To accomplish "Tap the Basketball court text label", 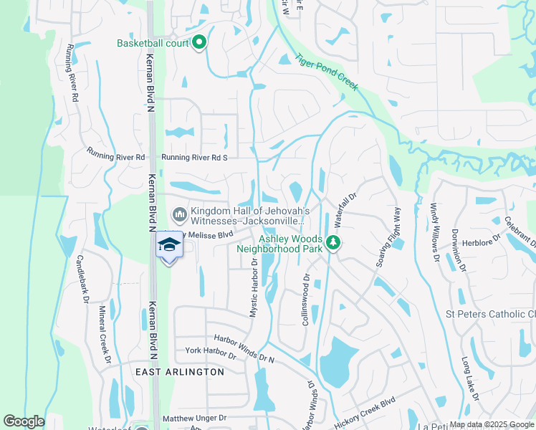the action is tap(153, 43).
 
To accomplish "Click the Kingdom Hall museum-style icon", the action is tap(178, 215).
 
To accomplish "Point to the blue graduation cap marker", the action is tap(168, 246).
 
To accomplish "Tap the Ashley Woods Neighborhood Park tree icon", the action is tap(332, 243).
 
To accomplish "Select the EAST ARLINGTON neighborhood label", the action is tap(180, 372).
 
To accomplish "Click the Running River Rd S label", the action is tap(194, 158).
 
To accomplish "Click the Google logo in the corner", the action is tap(24, 421).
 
